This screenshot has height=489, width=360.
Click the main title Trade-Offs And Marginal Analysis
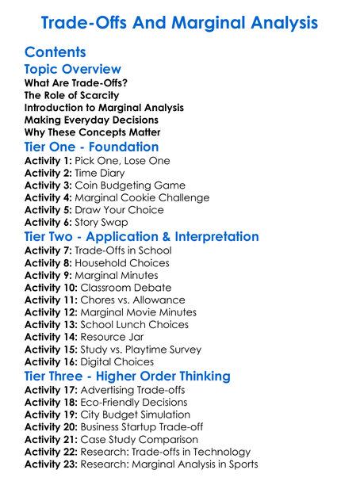(x=179, y=21)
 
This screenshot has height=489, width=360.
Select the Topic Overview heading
(x=73, y=69)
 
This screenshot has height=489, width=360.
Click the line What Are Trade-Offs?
(x=76, y=82)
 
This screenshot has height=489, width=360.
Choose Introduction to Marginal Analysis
(x=104, y=107)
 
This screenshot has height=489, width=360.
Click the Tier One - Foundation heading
(x=92, y=147)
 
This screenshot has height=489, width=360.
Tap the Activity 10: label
(x=50, y=288)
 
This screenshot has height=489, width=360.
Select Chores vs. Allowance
(x=132, y=300)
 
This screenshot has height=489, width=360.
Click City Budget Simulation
(x=135, y=415)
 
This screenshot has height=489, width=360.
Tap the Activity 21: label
(x=50, y=439)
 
